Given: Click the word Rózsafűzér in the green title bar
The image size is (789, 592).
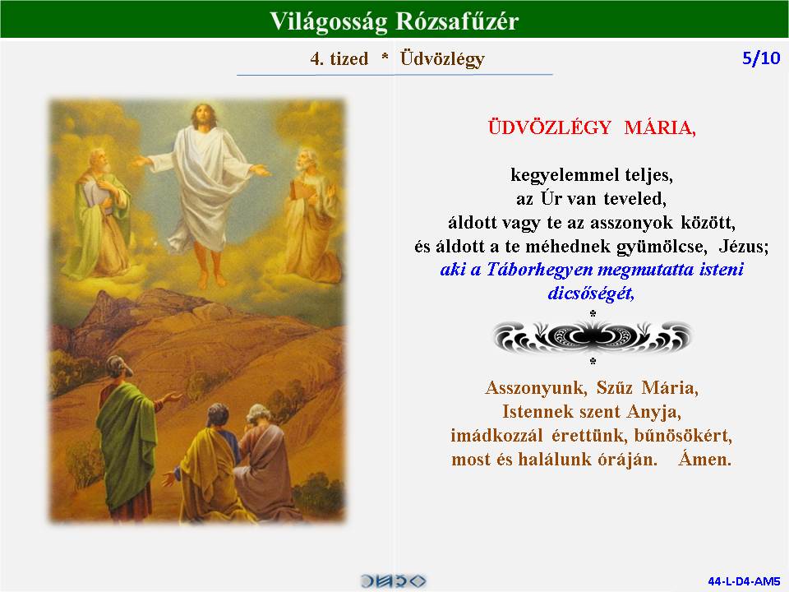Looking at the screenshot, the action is coord(457,21).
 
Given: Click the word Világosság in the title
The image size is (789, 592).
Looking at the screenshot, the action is coord(329,22).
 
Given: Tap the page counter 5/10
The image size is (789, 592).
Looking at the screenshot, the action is coord(761,58).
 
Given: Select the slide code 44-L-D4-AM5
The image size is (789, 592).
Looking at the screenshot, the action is coord(744,581).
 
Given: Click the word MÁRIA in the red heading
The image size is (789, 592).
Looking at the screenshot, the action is coord(660,127).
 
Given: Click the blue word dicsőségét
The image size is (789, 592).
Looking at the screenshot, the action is coord(591,293).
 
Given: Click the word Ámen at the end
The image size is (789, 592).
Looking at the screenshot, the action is coord(704,459).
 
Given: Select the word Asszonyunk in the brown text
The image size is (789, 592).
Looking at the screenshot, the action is coord(537,387).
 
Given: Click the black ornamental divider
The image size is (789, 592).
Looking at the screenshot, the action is coord(593,337).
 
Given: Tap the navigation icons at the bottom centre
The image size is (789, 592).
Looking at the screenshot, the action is coord(393,581).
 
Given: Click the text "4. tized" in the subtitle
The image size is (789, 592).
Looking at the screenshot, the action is coord(339,58).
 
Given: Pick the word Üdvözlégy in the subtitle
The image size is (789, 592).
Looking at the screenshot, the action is coord(442,59).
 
